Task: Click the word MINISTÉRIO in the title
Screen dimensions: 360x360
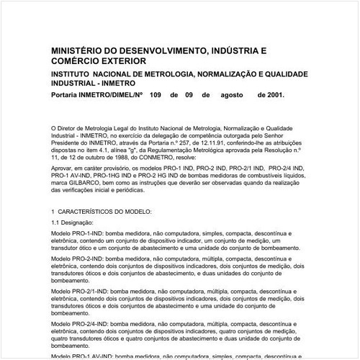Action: (x=78, y=52)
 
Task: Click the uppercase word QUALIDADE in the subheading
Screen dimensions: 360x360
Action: (x=281, y=75)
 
